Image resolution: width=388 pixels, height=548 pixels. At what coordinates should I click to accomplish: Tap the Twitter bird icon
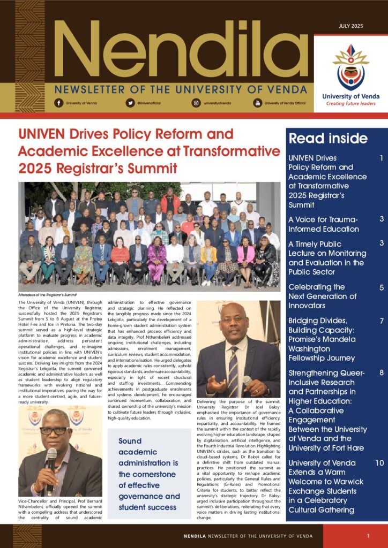[x=130, y=102]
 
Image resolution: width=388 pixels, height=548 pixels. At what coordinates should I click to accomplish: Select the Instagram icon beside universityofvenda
[x=196, y=102]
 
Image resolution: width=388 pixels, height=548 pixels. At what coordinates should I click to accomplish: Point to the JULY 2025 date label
[x=350, y=26]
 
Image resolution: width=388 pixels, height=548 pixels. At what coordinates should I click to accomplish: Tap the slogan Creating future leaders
[x=350, y=104]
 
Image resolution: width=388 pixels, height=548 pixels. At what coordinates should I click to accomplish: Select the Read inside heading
[x=328, y=139]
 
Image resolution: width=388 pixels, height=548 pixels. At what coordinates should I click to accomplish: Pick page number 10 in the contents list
[x=379, y=463]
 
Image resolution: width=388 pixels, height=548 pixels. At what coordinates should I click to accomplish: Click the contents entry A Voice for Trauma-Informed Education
[x=324, y=224]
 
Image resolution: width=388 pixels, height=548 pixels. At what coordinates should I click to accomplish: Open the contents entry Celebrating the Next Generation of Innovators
[x=323, y=296]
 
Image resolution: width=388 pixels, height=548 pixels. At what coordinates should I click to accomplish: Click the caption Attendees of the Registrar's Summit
[x=48, y=294]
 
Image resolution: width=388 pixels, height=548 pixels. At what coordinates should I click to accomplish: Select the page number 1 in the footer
[x=368, y=536]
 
